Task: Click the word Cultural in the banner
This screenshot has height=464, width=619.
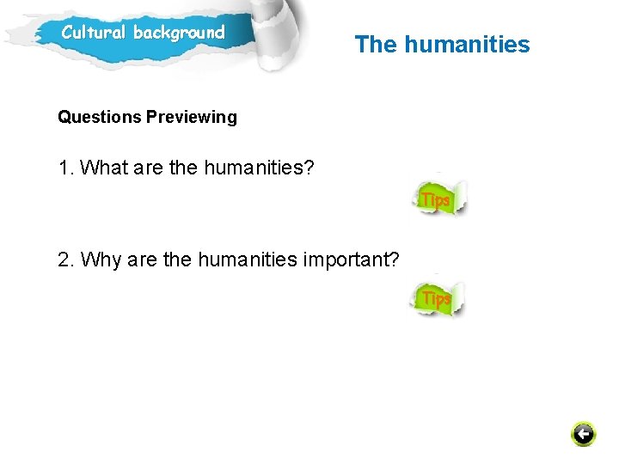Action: tap(94, 34)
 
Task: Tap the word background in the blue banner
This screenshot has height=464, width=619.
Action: tap(179, 34)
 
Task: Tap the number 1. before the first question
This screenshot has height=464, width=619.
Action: tap(66, 168)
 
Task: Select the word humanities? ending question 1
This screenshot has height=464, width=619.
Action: tap(259, 168)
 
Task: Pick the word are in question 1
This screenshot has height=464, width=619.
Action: tap(148, 168)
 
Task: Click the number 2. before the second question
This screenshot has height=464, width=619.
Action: tap(66, 259)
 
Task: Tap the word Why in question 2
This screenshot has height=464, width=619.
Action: tap(101, 259)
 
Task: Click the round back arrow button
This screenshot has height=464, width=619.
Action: tap(583, 434)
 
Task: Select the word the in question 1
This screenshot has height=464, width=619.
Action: tap(183, 168)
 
